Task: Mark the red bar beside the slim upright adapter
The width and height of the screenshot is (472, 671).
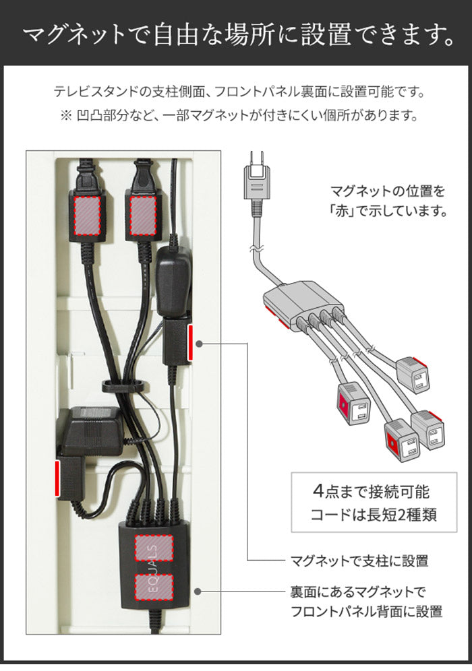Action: tap(191, 343)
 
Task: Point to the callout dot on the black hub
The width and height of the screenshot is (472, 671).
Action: tap(198, 591)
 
